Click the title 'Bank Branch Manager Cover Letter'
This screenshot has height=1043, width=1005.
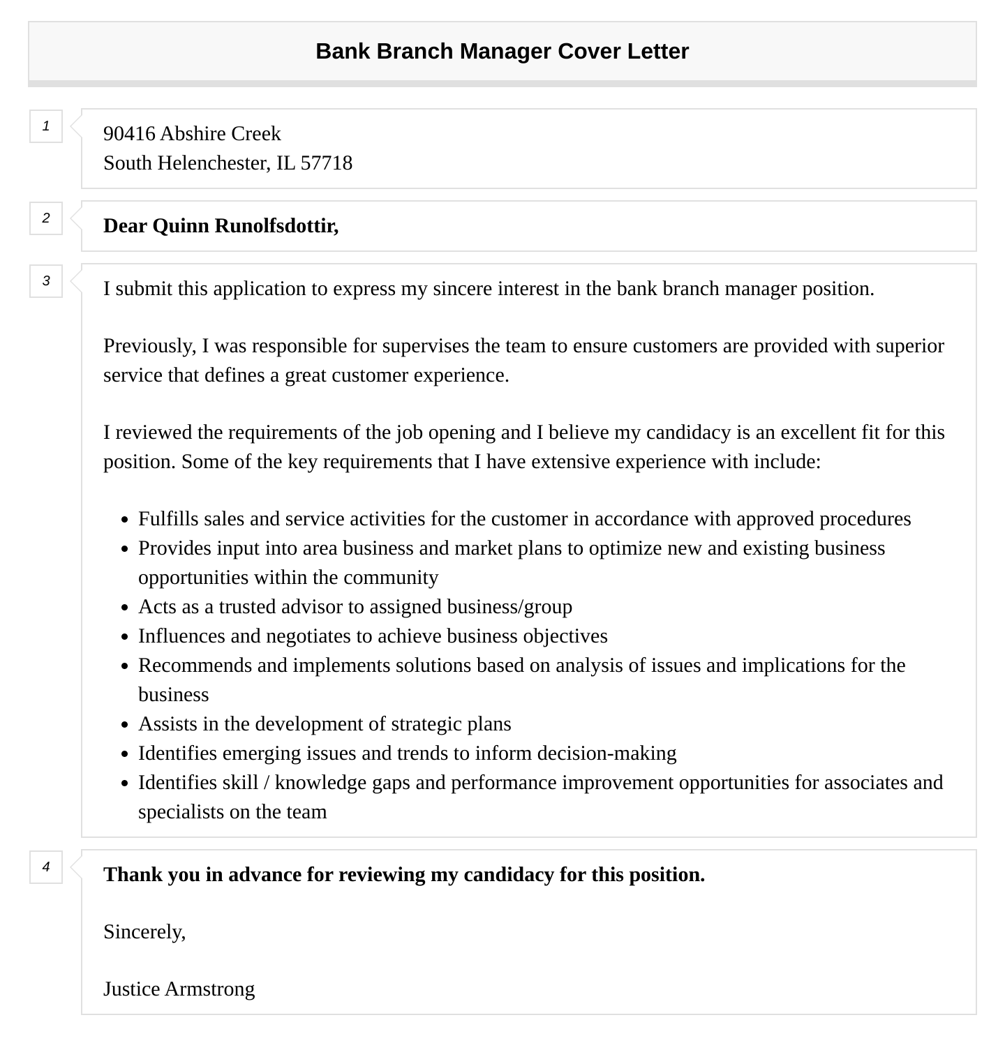502,52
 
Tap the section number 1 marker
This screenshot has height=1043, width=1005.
46,126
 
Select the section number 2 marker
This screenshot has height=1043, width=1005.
46,218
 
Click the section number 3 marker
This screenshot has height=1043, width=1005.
46,281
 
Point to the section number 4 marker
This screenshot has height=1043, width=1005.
46,867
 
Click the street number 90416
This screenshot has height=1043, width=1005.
129,134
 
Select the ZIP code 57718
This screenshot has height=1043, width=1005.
326,163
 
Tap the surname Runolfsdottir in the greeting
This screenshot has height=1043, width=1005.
276,226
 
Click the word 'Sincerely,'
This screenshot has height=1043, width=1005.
144,932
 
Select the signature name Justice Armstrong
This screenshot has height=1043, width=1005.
179,989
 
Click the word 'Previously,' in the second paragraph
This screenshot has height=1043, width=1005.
150,346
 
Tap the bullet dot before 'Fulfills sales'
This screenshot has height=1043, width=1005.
124,520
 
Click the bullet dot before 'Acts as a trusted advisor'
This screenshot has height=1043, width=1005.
124,608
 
